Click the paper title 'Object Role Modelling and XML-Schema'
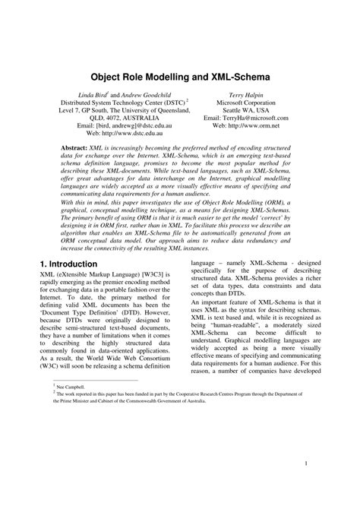click(180, 77)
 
